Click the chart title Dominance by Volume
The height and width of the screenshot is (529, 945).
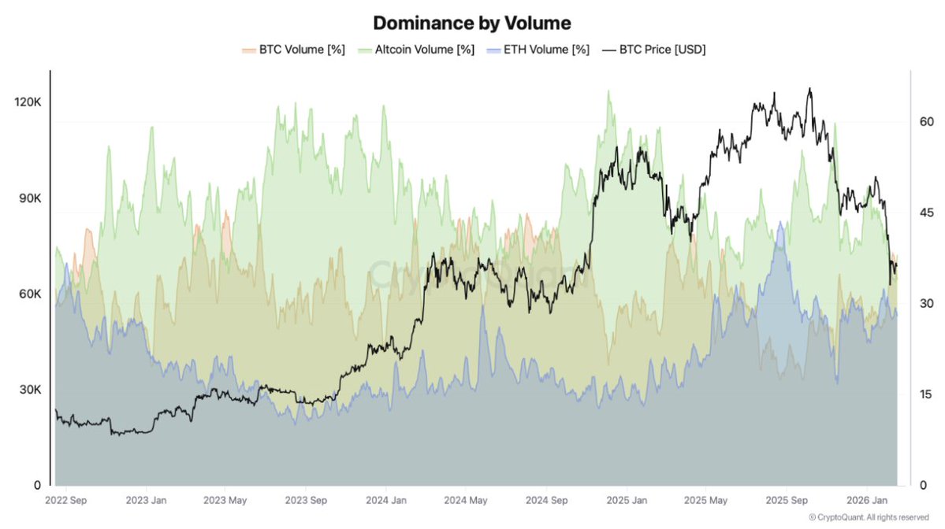(x=471, y=22)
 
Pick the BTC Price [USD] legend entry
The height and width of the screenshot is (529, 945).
(x=653, y=50)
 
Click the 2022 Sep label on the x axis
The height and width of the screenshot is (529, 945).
(x=67, y=500)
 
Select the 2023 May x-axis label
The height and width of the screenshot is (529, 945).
(x=225, y=500)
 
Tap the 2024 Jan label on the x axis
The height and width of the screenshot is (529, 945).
(x=386, y=500)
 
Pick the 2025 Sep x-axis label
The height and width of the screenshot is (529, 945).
(x=787, y=500)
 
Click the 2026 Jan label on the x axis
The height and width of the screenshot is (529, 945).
(x=866, y=500)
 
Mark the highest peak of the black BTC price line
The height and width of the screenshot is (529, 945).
(x=809, y=89)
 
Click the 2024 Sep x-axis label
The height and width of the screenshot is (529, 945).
(x=546, y=500)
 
